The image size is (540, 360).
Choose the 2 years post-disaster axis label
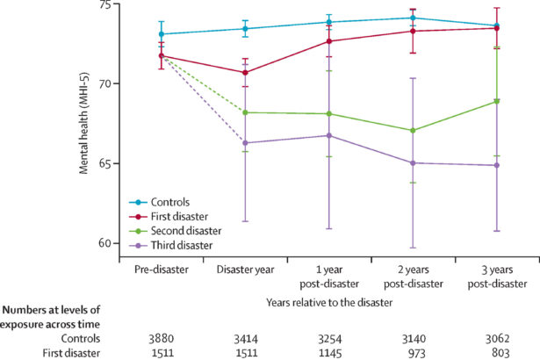413,276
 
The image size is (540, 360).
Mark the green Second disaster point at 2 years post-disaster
413,130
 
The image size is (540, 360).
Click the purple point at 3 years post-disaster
496,165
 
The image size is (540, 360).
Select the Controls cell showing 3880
162,336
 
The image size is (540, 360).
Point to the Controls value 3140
413,336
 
